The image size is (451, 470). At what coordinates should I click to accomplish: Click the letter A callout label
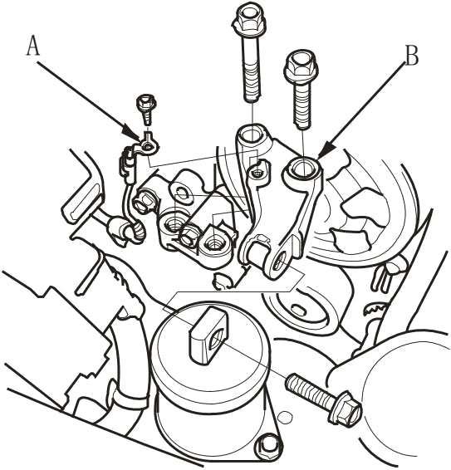point(33,47)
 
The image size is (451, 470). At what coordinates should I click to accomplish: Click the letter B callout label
point(412,56)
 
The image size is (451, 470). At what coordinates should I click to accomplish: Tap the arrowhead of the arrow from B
point(325,151)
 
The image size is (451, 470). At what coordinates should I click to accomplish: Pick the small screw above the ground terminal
point(146,110)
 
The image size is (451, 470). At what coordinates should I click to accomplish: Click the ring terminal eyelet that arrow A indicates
point(147,147)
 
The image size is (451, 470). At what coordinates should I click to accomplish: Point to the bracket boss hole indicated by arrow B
point(302,167)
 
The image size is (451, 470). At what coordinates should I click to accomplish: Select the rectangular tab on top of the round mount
point(207,335)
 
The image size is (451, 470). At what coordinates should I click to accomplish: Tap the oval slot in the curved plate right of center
point(297,308)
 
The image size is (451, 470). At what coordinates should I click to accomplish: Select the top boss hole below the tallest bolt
point(251,135)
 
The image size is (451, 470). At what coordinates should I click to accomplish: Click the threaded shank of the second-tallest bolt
point(302,104)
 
